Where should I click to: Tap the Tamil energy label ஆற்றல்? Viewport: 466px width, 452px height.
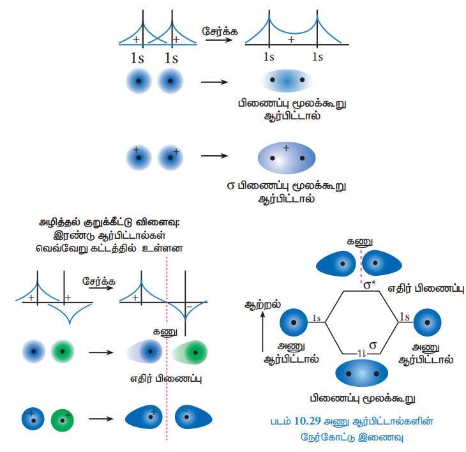262,305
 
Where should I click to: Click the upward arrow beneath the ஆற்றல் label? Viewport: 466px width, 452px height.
263,332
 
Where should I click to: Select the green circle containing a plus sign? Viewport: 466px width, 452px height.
63,419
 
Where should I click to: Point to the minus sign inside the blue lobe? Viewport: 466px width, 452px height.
185,412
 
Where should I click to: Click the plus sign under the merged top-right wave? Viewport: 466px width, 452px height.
291,40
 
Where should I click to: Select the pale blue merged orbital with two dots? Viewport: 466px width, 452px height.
286,80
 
